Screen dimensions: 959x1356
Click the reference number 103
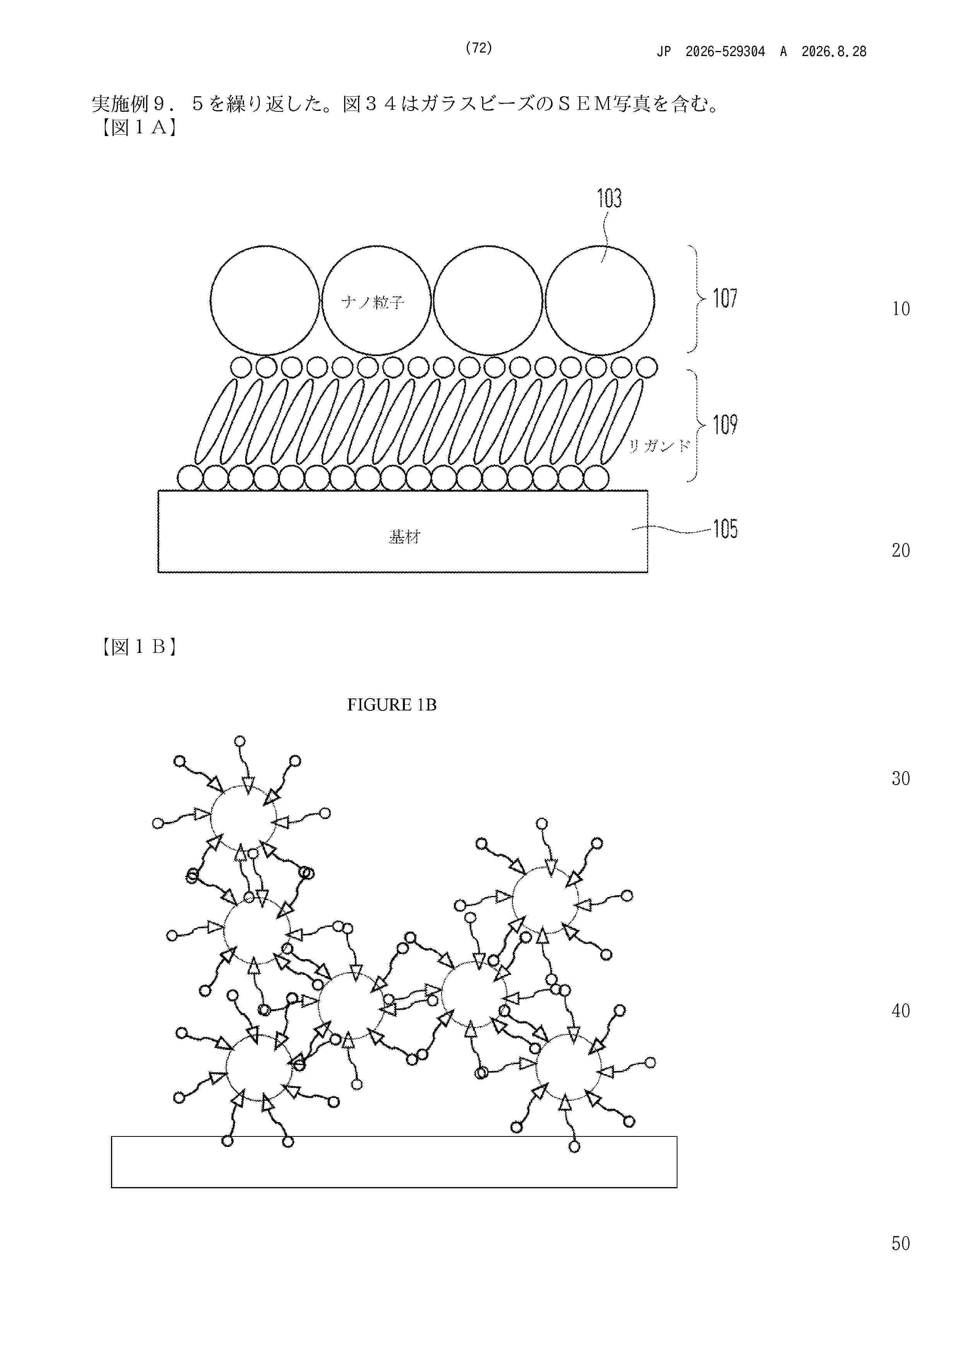pos(609,198)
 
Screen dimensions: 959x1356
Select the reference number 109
pos(725,425)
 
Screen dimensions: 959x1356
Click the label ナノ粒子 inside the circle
pos(373,302)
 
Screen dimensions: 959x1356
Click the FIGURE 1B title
pos(392,705)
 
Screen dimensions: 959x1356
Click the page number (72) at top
pos(479,48)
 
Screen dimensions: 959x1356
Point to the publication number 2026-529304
pos(725,51)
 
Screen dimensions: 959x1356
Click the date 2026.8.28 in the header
pos(834,51)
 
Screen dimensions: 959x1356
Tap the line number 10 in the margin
pos(901,309)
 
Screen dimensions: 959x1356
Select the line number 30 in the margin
pos(901,779)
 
